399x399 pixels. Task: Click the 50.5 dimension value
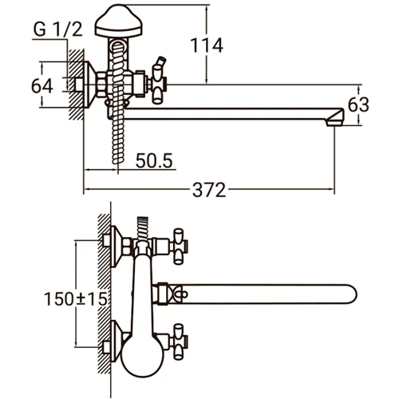click(155, 160)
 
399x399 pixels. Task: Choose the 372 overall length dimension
click(210, 191)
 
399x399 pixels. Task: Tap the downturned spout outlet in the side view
click(336, 117)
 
